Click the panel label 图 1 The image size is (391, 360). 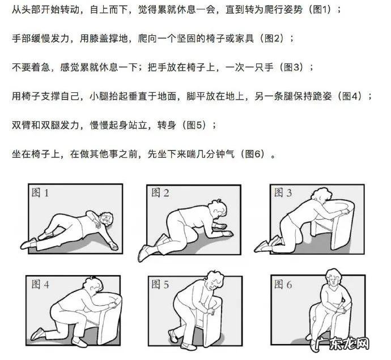click(x=39, y=193)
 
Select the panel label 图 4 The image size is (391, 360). click(x=39, y=285)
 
